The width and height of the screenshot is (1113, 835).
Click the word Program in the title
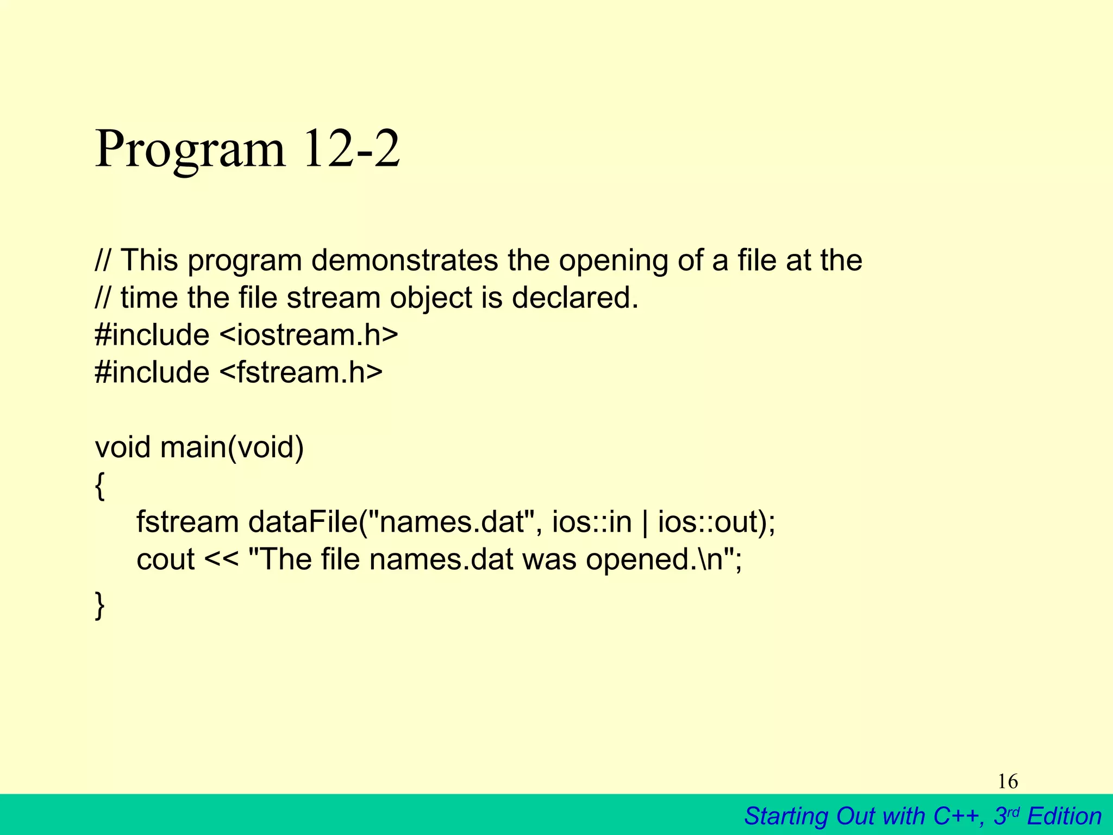click(x=190, y=149)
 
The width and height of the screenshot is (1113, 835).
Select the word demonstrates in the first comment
click(x=404, y=260)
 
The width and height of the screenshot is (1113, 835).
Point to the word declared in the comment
click(x=574, y=298)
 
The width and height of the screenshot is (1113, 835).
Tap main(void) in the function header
click(x=232, y=447)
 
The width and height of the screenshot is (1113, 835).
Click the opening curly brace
click(x=99, y=485)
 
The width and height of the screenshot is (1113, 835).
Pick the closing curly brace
click(x=99, y=605)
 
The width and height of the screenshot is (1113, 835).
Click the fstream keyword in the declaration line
click(x=187, y=522)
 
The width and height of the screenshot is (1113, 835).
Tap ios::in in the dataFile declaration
click(x=592, y=522)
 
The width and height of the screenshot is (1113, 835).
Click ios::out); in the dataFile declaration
click(x=717, y=522)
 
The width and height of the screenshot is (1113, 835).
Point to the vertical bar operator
click(x=645, y=523)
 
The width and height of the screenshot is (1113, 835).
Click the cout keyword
click(x=165, y=559)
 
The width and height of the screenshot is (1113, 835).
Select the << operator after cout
click(x=221, y=559)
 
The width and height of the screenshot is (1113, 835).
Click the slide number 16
click(x=1008, y=782)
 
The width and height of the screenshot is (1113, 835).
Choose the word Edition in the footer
click(x=1064, y=816)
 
